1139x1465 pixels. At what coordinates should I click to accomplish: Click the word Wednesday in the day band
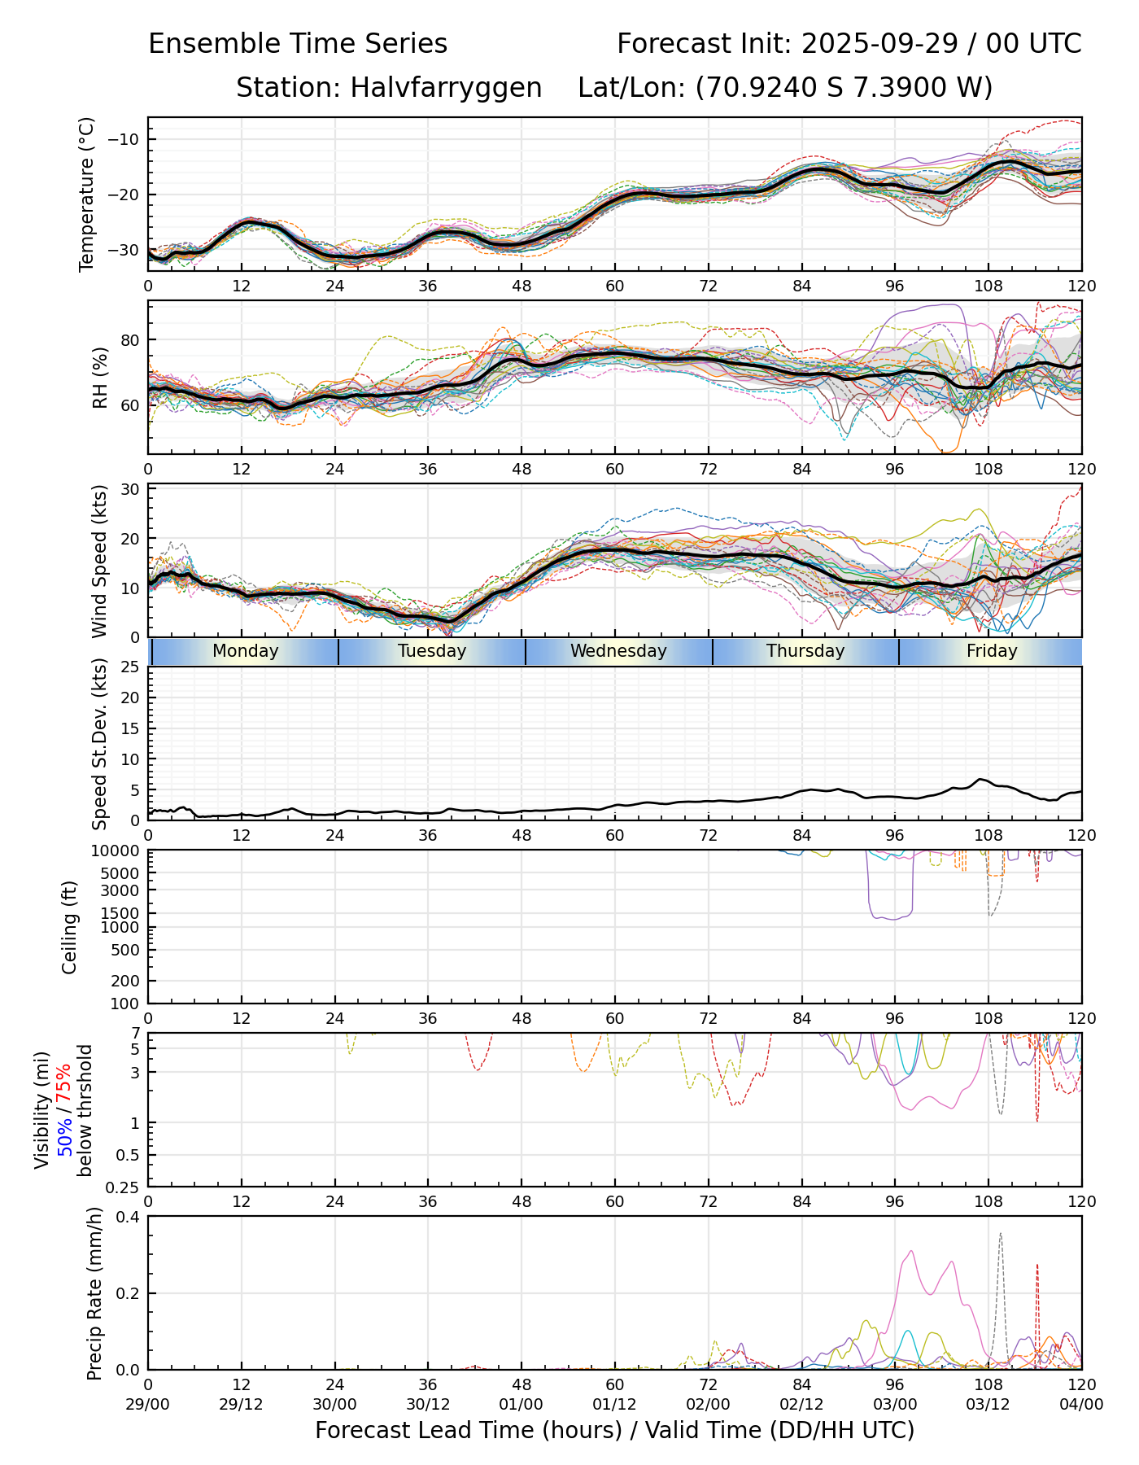coord(618,651)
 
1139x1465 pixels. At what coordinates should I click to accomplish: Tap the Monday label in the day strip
coord(245,651)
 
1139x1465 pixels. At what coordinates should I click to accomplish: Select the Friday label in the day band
coord(992,651)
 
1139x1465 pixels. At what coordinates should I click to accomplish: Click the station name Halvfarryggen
coord(446,87)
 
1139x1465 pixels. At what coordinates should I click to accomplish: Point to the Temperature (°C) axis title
coord(87,194)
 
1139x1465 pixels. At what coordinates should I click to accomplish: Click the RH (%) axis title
coord(100,378)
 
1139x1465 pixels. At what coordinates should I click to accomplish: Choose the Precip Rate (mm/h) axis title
coord(95,1293)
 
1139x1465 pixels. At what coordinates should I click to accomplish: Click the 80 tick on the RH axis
coord(130,340)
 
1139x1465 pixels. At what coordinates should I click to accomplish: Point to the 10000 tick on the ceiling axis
coord(119,851)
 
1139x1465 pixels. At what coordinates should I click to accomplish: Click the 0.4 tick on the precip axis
coord(129,1217)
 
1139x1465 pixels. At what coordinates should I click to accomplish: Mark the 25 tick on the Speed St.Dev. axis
coord(130,667)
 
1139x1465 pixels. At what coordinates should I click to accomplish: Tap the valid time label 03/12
coord(988,1404)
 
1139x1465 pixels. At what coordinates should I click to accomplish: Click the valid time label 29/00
coord(148,1404)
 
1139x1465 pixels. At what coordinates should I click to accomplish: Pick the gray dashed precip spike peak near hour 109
coord(1000,1234)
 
